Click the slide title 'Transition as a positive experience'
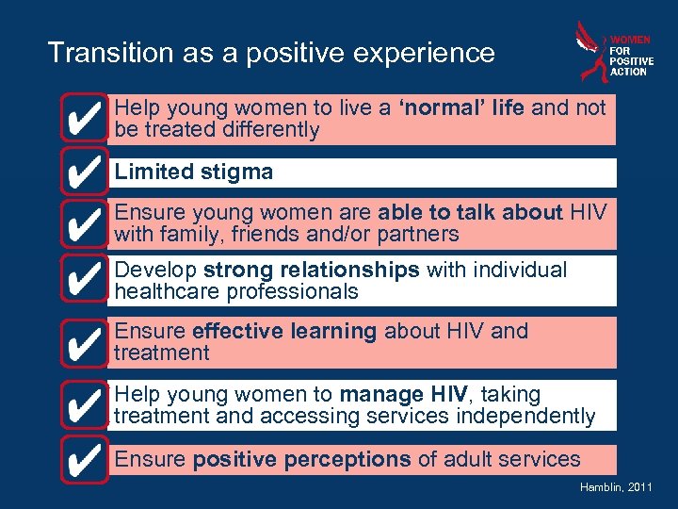271,53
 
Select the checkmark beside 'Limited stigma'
84,172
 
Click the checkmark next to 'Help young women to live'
84,118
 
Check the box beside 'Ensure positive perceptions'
84,461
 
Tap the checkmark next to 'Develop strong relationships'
84,278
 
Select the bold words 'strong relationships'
311,271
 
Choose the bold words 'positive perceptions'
301,460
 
